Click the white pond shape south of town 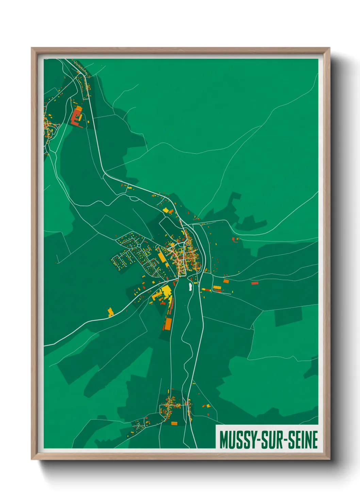(190, 287)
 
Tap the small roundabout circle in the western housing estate (139, 245)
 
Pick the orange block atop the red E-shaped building (79, 109)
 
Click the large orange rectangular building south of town (168, 324)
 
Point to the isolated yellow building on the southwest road (111, 312)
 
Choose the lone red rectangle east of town (255, 283)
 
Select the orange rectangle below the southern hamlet (174, 423)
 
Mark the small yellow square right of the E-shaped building (87, 122)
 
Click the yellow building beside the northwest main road (166, 210)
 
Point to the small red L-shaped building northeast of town (235, 240)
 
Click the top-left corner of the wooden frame (32, 48)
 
